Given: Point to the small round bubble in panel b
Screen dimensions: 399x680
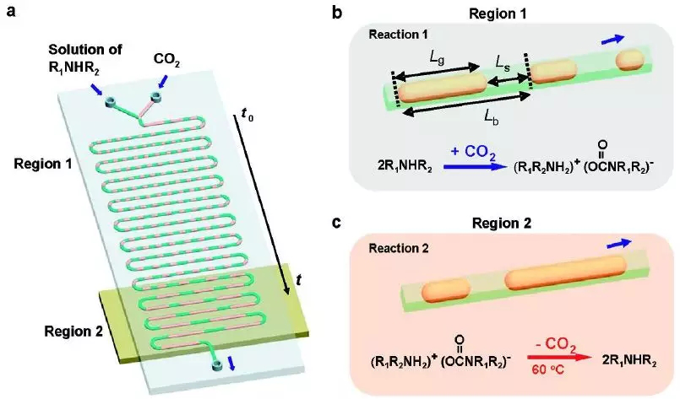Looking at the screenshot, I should point(628,60).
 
